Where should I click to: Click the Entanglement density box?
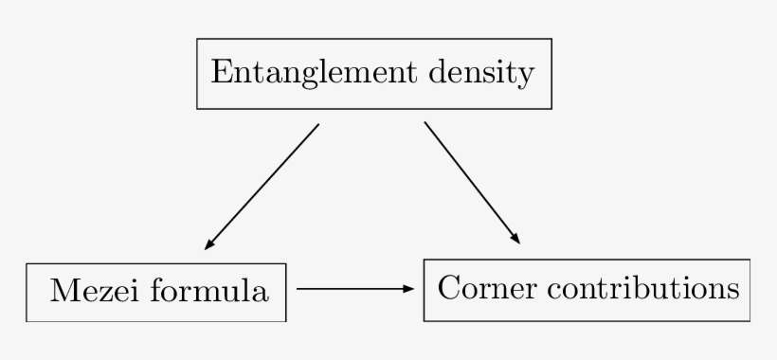click(373, 74)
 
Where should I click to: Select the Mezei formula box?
click(156, 292)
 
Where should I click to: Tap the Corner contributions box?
click(587, 289)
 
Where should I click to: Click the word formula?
click(208, 291)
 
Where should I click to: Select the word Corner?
click(479, 288)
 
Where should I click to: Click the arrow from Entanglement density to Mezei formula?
click(262, 186)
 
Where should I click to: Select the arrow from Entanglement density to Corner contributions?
click(471, 182)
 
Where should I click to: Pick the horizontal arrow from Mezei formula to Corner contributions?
click(355, 288)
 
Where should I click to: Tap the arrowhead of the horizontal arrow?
click(409, 288)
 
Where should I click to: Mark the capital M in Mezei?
click(63, 291)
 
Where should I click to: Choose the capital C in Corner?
click(449, 288)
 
